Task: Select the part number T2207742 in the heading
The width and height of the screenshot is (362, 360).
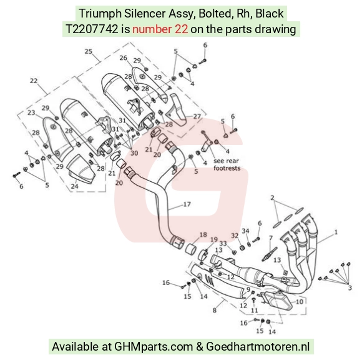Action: click(x=92, y=29)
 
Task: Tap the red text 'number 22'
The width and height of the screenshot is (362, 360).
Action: click(x=160, y=29)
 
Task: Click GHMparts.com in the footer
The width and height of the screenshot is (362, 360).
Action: click(x=154, y=347)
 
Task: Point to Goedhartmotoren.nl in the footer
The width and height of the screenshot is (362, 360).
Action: click(x=258, y=346)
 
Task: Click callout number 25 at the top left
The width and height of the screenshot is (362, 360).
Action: click(x=89, y=51)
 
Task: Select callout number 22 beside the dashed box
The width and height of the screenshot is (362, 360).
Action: click(x=34, y=81)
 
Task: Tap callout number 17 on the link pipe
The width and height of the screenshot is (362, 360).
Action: click(x=187, y=204)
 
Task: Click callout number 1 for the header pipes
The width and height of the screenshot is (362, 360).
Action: click(x=336, y=232)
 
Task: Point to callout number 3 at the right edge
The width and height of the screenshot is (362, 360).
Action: click(x=350, y=288)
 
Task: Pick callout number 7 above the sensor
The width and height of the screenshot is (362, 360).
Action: click(x=271, y=237)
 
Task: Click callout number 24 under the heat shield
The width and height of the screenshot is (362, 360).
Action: click(x=74, y=186)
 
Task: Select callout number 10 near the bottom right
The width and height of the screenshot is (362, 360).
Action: click(x=299, y=302)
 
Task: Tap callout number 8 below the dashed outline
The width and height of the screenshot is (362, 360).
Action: click(x=215, y=310)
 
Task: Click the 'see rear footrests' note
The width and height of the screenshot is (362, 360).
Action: click(x=227, y=164)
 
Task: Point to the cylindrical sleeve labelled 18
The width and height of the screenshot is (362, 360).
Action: click(x=192, y=249)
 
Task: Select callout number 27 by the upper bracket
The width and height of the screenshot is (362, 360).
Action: click(x=197, y=116)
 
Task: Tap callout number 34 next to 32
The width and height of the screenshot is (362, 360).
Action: click(x=245, y=231)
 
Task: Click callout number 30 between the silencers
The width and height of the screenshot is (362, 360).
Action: click(x=134, y=153)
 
